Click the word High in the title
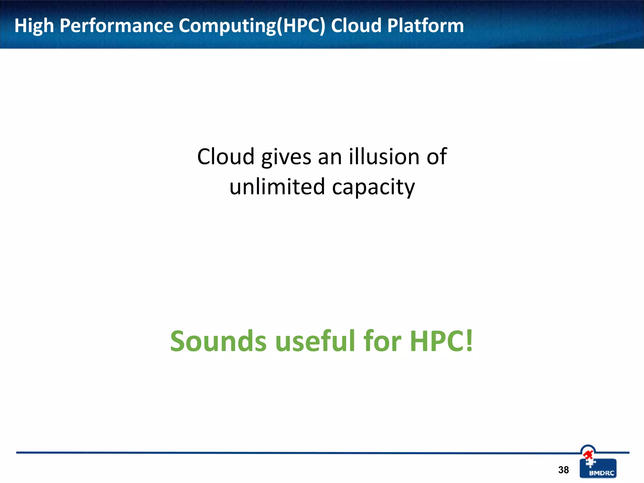pos(34,26)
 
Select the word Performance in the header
pos(116,26)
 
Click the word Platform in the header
pos(425,26)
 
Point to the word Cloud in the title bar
pos(356,26)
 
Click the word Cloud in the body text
pos(225,157)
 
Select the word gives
pos(286,157)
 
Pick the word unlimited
pos(277,187)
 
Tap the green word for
pos(382,341)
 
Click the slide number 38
pos(563,470)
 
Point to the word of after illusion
pos(436,157)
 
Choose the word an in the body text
pos(330,157)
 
